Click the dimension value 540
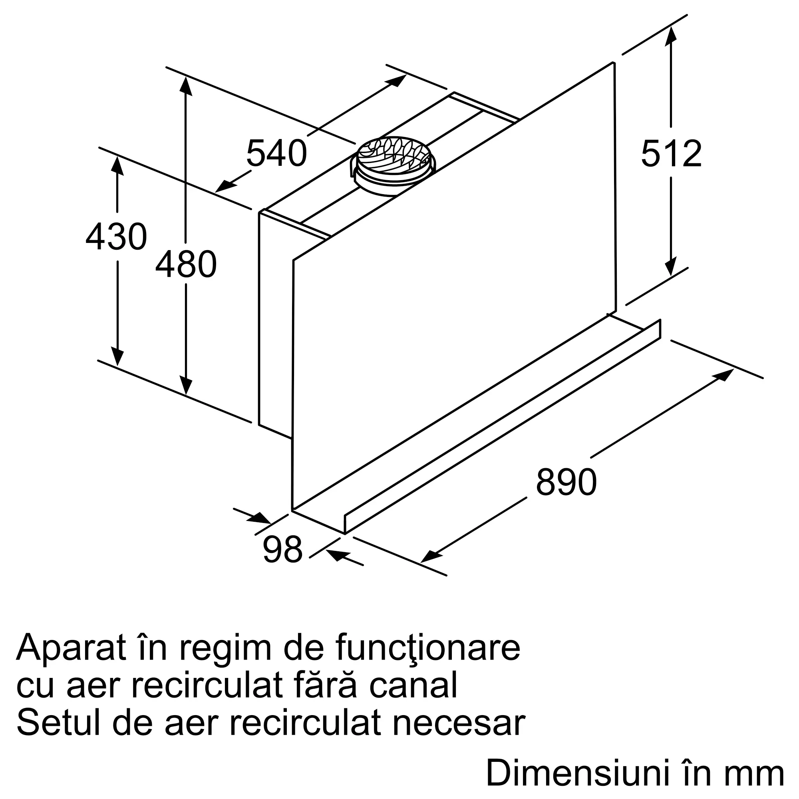coord(277,153)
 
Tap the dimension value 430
coord(116,237)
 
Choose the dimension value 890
coord(566,482)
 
